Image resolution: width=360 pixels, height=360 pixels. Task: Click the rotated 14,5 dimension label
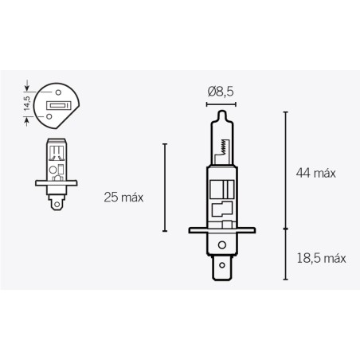point(27,104)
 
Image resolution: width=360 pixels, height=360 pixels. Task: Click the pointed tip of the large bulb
point(219,111)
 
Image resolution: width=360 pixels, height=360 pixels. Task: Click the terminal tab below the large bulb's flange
point(219,268)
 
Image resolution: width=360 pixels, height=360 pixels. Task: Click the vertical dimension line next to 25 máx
point(165,188)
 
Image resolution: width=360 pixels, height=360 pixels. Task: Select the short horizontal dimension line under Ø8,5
point(219,102)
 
